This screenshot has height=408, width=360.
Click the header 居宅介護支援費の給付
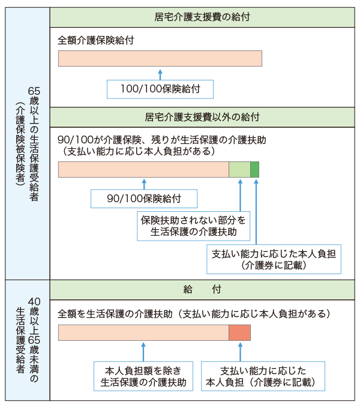pos(202,17)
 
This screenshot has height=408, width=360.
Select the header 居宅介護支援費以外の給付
pos(202,116)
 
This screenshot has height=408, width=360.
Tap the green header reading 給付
pos(202,289)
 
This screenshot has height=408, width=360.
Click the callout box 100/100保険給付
pos(160,89)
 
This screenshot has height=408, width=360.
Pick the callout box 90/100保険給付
pos(144,198)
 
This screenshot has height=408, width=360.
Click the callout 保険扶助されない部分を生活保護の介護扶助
pos(193,226)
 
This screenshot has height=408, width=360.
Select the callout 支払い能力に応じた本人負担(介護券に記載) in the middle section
pos(273,259)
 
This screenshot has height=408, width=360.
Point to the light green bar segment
pos(239,170)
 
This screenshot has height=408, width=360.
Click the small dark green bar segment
pos(254,170)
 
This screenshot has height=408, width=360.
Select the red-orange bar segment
pos(239,333)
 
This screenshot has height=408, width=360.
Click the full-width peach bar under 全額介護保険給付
pos(160,58)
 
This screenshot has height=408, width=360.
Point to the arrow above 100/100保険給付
pos(160,74)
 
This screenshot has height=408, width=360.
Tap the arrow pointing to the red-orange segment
pos(239,351)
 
